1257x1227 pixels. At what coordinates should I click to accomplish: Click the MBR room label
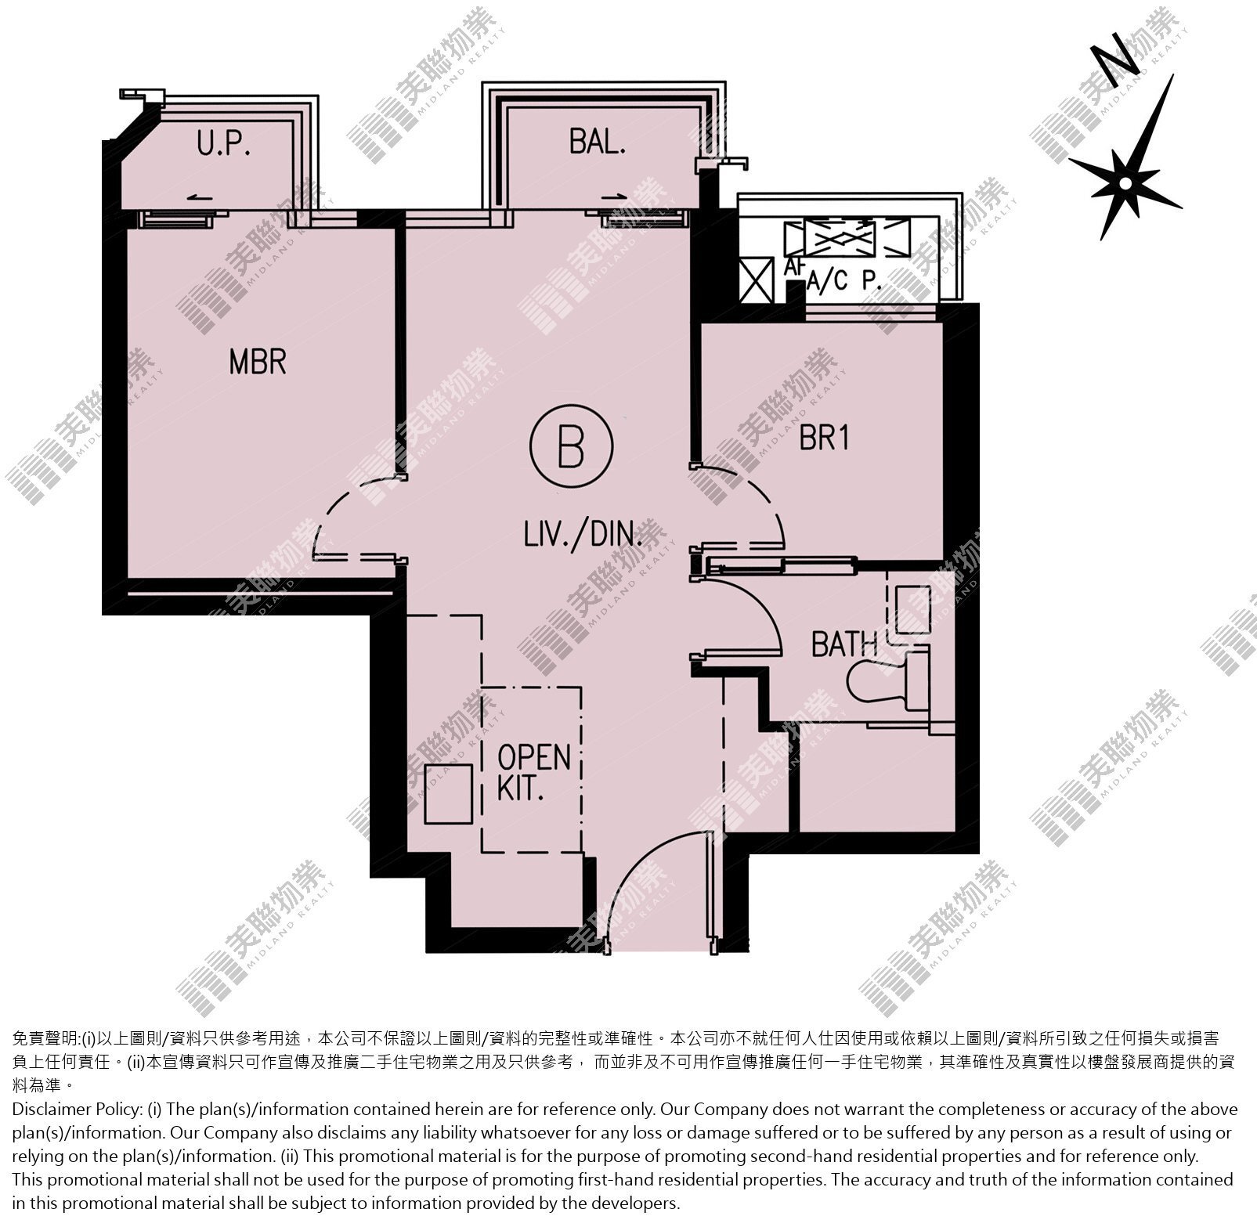[258, 362]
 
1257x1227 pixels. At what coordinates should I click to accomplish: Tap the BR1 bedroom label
[824, 438]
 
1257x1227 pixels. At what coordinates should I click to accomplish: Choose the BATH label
[844, 644]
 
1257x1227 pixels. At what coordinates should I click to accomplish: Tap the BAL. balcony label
[598, 143]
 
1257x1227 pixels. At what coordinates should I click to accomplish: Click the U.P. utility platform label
[224, 145]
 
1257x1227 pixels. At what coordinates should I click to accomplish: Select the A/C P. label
[844, 281]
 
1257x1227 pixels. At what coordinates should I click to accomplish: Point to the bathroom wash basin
[912, 608]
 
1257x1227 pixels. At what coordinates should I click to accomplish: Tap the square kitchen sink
[448, 794]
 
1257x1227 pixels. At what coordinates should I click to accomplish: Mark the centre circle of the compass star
[1125, 183]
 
